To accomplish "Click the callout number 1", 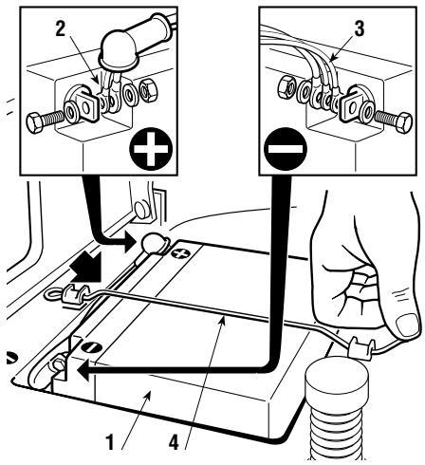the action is click(110, 442).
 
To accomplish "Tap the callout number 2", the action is click(61, 29).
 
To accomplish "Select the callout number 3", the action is click(359, 28).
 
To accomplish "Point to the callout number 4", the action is click(174, 442).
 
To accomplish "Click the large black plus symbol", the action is click(151, 149).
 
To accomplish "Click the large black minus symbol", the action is click(286, 148).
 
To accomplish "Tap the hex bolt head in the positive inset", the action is click(34, 122).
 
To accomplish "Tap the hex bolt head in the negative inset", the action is click(403, 122).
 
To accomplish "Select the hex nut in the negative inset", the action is click(286, 86).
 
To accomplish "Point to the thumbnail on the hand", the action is click(407, 325).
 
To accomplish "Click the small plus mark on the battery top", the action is click(178, 252).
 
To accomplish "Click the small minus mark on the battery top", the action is click(93, 347).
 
